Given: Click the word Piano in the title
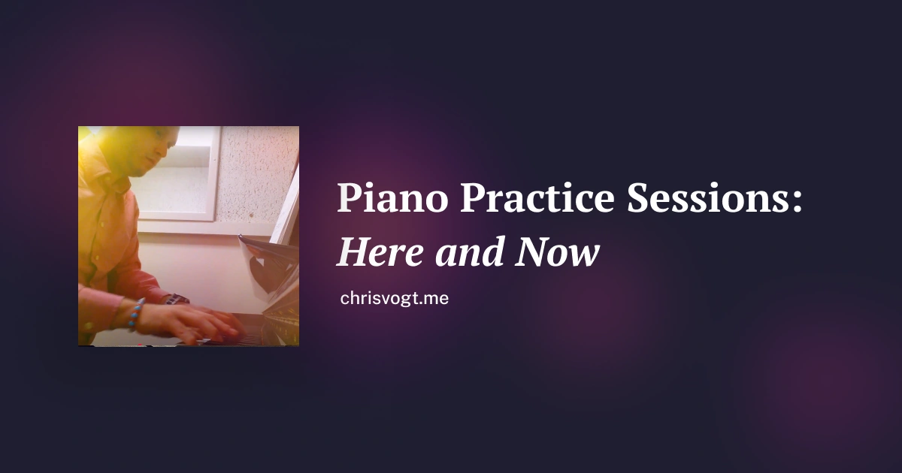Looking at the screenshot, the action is click(392, 198).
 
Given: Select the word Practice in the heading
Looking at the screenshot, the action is click(537, 197).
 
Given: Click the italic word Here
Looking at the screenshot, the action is click(380, 252).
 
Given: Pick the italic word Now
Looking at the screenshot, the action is click(558, 252).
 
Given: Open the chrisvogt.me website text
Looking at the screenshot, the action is click(394, 299).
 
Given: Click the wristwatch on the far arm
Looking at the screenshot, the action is click(177, 300).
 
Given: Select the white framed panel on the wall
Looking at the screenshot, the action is click(177, 173).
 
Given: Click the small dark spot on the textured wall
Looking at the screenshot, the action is click(250, 216).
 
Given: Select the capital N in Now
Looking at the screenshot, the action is click(534, 252).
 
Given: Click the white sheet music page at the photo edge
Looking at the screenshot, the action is click(286, 209).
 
